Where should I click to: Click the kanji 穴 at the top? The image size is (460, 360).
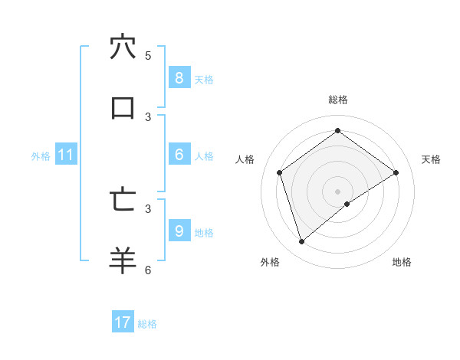click(x=123, y=47)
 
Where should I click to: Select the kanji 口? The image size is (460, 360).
click(x=123, y=108)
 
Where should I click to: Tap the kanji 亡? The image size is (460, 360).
click(x=123, y=199)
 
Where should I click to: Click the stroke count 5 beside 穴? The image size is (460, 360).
click(x=148, y=56)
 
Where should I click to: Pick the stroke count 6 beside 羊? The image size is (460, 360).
click(x=148, y=270)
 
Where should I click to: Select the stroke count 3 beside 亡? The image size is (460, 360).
click(x=148, y=208)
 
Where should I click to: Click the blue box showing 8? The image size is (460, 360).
click(x=179, y=78)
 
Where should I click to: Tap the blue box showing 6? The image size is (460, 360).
click(x=179, y=155)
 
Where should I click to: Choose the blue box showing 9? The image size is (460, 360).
click(x=179, y=231)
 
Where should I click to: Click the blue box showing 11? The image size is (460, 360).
click(x=66, y=155)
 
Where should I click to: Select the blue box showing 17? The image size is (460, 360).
click(x=123, y=322)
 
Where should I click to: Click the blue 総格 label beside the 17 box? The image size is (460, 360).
click(x=147, y=324)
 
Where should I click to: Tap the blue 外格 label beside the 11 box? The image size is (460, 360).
click(x=41, y=156)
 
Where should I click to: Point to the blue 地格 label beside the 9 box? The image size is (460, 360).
click(x=204, y=232)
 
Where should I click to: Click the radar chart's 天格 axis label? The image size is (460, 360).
click(x=431, y=159)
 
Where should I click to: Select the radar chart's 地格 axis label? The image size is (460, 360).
click(x=402, y=262)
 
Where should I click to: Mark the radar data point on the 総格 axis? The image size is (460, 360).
click(x=337, y=130)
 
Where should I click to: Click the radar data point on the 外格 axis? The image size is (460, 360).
click(x=302, y=242)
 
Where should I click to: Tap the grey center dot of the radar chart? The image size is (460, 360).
click(x=337, y=191)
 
